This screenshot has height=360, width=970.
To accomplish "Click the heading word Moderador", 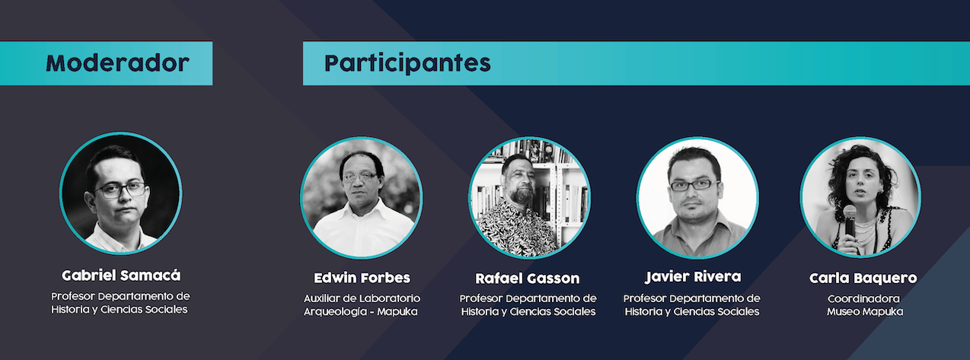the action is coord(117,63).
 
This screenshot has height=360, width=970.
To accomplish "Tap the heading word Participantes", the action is coord(407,64).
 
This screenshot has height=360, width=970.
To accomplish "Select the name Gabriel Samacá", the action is coord(121,276).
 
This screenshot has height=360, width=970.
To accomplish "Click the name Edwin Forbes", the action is coord(362,278).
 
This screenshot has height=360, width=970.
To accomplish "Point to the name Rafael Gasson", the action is coord(528,279).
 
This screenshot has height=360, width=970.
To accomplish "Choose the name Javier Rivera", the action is coord(693,277).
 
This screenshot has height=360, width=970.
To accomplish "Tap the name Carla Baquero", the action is coord(863,279).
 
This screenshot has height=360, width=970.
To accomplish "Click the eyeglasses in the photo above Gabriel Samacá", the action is coord(121,190).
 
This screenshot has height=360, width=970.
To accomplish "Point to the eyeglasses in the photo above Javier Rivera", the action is coord(694,185).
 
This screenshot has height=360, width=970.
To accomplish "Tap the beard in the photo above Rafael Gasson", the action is coord(522,195).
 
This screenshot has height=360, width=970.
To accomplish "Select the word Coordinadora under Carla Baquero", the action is coord(863,298).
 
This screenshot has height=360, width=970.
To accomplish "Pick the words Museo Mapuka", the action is coord(865,311).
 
